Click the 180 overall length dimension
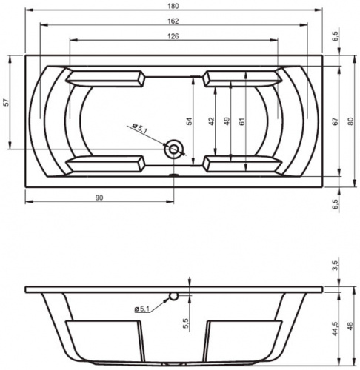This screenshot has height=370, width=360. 173,6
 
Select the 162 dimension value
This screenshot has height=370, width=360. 173,21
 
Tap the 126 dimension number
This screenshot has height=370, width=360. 173,36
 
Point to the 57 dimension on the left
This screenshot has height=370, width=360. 7,102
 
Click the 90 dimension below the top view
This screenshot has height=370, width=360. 99,198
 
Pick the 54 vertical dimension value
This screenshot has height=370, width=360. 189,121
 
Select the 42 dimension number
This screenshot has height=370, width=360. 211,121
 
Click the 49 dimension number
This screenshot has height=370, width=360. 227,121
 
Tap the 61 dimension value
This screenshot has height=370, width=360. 241,121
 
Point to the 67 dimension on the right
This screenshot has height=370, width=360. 335,121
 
